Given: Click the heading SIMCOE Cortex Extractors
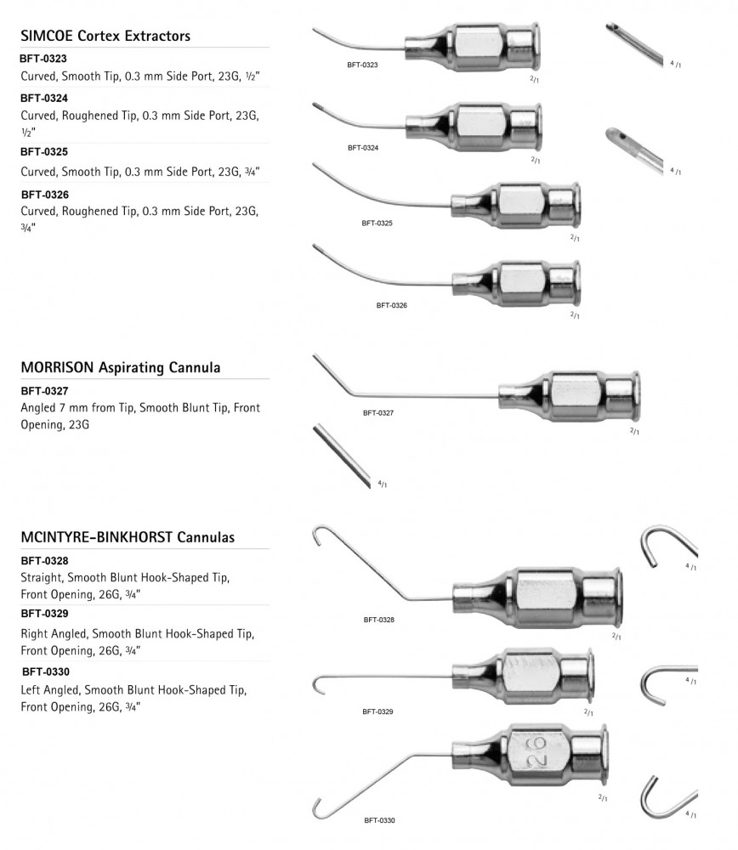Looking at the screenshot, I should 105,36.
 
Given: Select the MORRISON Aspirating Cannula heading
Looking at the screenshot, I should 120,368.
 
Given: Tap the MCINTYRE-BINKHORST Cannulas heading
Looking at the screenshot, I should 127,537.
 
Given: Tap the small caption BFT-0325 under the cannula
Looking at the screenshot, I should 377,223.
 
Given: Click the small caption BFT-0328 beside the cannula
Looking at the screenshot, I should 379,620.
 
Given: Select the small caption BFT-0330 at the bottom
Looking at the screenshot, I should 379,820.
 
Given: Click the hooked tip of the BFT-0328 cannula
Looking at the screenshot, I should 319,535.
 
